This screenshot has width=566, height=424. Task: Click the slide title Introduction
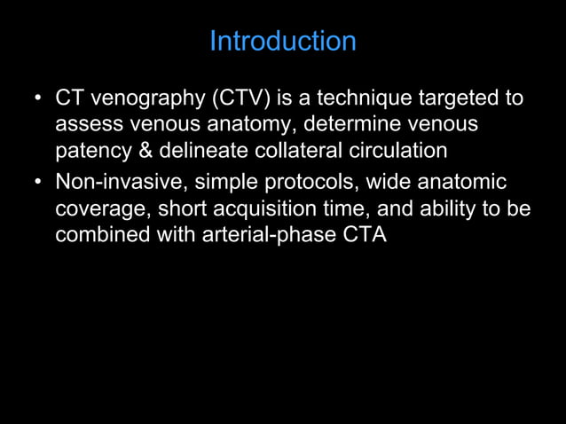(x=282, y=42)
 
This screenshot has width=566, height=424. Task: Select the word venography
(x=143, y=98)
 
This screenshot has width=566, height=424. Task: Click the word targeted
(x=471, y=98)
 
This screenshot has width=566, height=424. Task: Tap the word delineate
(x=197, y=152)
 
